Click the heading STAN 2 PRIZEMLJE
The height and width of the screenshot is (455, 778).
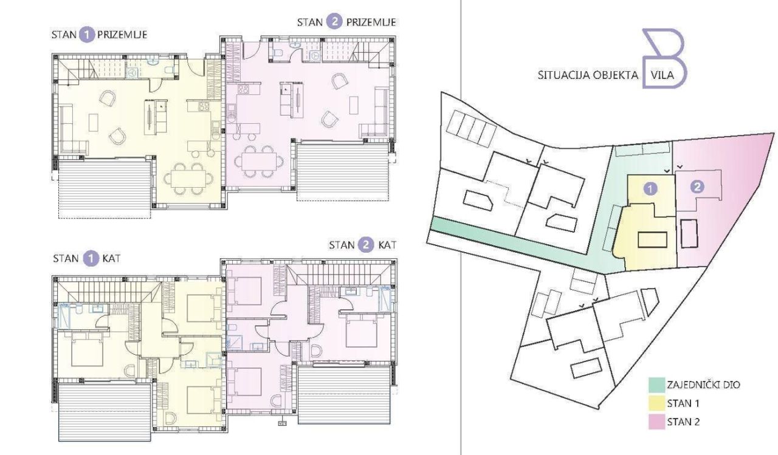(346, 22)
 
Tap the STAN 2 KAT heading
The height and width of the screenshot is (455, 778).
(362, 245)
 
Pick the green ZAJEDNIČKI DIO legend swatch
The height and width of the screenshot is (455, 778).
(656, 385)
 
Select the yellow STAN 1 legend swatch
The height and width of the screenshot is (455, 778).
(656, 403)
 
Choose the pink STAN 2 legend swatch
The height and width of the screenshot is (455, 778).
(656, 422)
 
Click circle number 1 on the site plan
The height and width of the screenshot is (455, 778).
(650, 188)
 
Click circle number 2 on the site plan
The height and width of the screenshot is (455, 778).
(697, 186)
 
